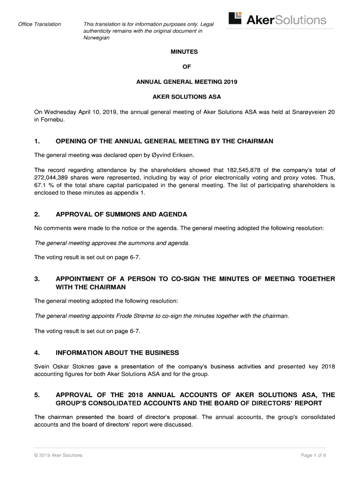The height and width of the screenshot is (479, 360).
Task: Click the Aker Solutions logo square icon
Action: (235, 18)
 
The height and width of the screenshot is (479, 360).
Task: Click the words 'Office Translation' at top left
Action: (39, 24)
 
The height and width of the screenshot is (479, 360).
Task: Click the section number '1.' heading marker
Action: (37, 141)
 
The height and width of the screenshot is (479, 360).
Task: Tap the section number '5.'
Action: (37, 395)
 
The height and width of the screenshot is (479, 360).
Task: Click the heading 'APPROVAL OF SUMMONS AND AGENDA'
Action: (121, 215)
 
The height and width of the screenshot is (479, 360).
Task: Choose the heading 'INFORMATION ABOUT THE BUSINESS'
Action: (117, 353)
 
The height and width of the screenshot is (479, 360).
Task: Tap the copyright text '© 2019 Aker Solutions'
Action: (58, 455)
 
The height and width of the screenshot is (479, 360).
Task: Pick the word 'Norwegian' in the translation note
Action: (96, 38)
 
